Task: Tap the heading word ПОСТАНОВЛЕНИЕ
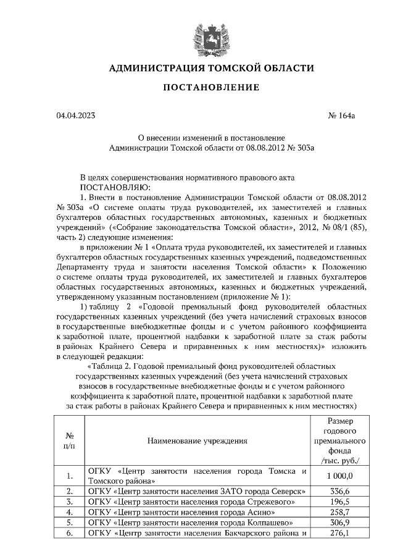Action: pyautogui.click(x=210, y=88)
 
